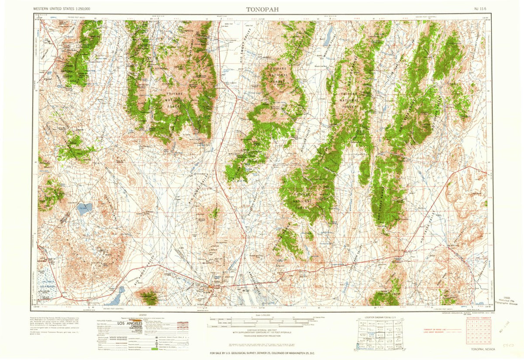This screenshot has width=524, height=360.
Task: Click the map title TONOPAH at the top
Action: coord(261,9)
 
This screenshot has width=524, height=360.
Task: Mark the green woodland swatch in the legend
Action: coord(154,350)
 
